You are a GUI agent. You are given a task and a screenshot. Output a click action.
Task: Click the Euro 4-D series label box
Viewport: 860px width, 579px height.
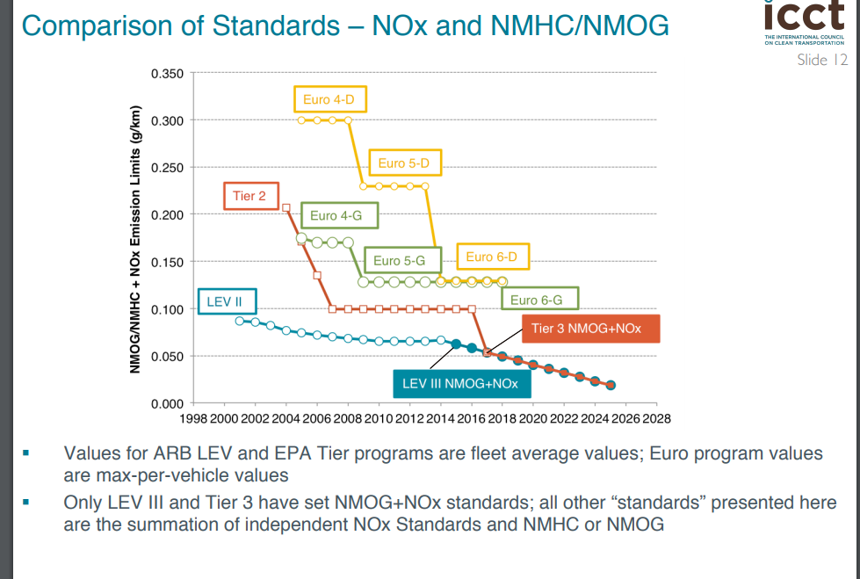(x=329, y=100)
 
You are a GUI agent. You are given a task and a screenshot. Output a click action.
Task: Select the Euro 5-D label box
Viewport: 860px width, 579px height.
(x=404, y=163)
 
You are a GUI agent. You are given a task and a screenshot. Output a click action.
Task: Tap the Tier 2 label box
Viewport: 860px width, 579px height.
(x=249, y=196)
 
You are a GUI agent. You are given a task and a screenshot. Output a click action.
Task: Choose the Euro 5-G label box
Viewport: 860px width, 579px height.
(x=399, y=260)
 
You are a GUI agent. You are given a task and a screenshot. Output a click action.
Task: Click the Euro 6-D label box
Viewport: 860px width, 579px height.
(x=492, y=257)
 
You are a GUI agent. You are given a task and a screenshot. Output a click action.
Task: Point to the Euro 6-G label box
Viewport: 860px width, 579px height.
(x=543, y=300)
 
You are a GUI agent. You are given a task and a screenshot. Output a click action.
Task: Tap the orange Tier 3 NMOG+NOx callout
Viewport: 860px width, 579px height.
(x=587, y=329)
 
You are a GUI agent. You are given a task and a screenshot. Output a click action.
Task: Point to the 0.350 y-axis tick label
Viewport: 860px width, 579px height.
(x=167, y=73)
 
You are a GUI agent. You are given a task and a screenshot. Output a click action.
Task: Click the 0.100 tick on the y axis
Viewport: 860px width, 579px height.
(x=167, y=309)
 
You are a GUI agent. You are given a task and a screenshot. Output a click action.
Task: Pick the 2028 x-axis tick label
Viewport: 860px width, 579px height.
(x=655, y=418)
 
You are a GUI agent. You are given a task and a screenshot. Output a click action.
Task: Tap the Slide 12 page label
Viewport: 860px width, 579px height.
(x=822, y=60)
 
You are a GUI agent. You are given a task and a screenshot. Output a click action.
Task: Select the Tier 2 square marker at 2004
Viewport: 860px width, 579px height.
(x=286, y=207)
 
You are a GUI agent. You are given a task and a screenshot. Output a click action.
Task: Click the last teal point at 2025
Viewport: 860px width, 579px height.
(x=611, y=385)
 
